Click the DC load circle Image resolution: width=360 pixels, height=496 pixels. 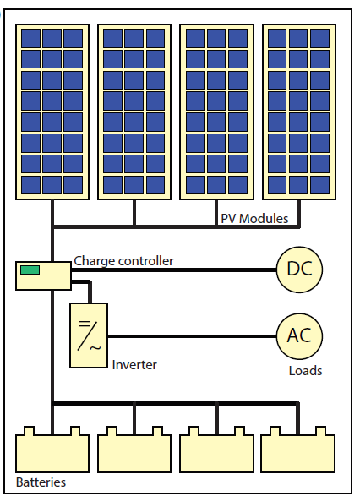pos(300,270)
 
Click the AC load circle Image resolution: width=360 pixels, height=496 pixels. pos(300,335)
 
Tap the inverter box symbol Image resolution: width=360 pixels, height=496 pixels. pos(89,335)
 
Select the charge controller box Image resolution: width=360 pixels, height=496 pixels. pos(43,275)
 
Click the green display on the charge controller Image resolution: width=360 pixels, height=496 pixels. pos(30,270)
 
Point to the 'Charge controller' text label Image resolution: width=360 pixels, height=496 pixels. pos(123,261)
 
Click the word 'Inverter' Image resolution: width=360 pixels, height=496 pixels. pos(134,365)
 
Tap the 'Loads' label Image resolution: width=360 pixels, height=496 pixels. pos(305,370)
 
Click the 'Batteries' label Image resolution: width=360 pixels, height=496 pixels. pos(41,482)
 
